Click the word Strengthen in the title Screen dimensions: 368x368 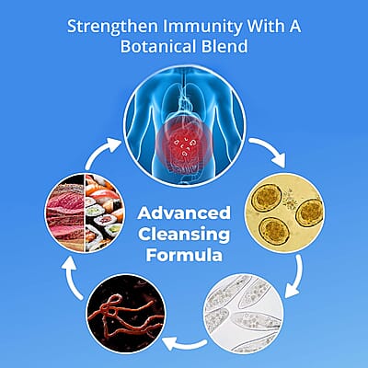[x=112, y=27]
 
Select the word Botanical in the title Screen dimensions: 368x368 [x=157, y=47]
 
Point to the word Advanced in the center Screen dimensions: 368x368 [x=184, y=213]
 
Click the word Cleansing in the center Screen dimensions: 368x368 [x=184, y=235]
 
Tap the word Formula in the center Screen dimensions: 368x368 [x=184, y=255]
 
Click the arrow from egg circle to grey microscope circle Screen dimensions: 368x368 [x=297, y=278]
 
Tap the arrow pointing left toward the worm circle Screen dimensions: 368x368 [x=185, y=343]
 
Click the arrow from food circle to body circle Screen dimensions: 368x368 [x=102, y=152]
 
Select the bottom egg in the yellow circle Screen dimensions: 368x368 [x=274, y=232]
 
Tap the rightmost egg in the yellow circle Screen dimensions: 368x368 [x=309, y=213]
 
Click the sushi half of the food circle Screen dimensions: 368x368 [x=105, y=213]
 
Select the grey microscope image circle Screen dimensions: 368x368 [x=245, y=314]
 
